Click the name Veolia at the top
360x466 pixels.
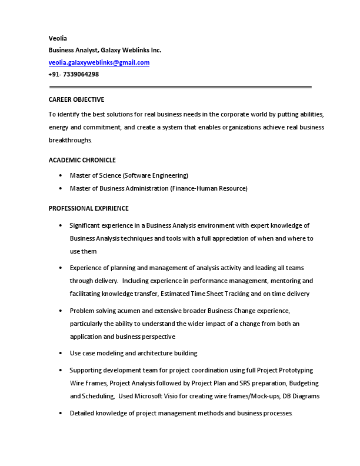[x=58, y=38]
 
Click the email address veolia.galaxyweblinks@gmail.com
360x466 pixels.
[x=99, y=62]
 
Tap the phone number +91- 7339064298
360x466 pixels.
[x=74, y=75]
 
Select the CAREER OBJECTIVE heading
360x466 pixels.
[x=76, y=99]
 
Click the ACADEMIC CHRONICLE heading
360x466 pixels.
[x=82, y=160]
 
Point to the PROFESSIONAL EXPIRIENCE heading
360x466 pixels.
[x=88, y=208]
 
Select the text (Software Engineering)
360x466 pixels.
[x=155, y=175]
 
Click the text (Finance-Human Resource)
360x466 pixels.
[x=209, y=188]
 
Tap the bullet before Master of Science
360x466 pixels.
[x=61, y=175]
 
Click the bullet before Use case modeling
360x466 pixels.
[x=61, y=353]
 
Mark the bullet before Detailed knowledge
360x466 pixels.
[x=61, y=414]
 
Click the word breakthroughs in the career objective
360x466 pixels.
[x=70, y=141]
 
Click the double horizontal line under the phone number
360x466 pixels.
[x=180, y=87]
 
